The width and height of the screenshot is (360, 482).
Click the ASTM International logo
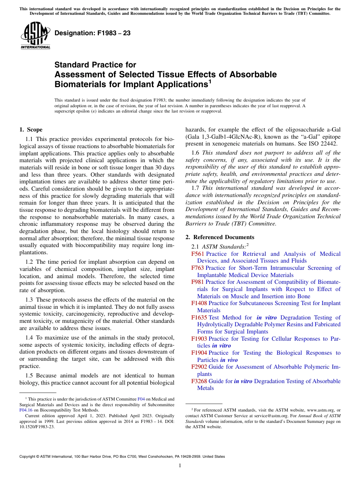coord(35,36)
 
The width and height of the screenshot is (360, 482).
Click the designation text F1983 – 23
coord(92,33)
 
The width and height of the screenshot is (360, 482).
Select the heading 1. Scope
coord(31,130)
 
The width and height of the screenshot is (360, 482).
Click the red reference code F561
coord(198,254)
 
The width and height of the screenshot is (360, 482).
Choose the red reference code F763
coord(198,268)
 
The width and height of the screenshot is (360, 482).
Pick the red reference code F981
coord(198,282)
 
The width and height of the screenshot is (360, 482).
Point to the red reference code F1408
coord(199,303)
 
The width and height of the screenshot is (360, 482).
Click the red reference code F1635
coord(199,318)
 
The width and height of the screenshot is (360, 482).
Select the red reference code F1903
coord(199,339)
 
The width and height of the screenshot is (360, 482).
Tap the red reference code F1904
coord(199,353)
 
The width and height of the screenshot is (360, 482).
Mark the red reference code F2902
coord(199,367)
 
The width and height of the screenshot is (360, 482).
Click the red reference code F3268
coord(199,381)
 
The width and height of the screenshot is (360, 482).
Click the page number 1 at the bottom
coord(180,465)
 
